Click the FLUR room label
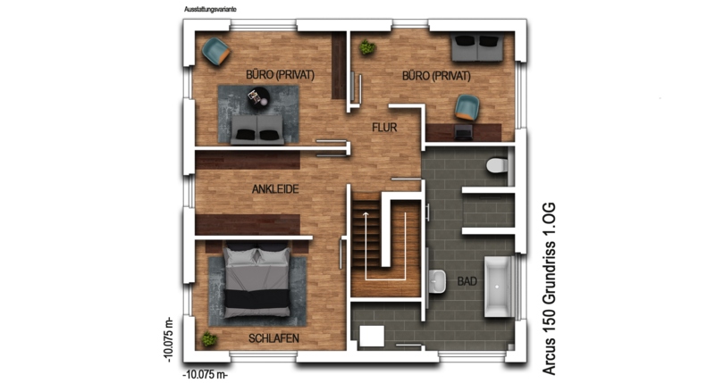tap(384, 128)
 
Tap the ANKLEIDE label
tap(275, 189)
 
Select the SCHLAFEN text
tap(273, 338)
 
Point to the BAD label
tap(467, 281)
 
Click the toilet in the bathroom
tap(498, 165)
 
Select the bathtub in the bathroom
tap(497, 287)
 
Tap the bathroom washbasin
tap(437, 281)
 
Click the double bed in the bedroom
tap(257, 280)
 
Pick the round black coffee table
tap(258, 96)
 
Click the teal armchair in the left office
tap(215, 52)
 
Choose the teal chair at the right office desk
tap(467, 107)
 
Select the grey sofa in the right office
tap(477, 47)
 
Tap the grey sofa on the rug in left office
tap(257, 129)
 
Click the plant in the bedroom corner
tap(209, 339)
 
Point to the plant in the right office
tap(367, 47)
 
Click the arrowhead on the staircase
tap(366, 212)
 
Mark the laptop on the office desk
tap(463, 132)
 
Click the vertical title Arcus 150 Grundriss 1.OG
tap(549, 288)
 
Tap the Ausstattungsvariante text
tap(210, 9)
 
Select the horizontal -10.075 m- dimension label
tap(206, 375)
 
